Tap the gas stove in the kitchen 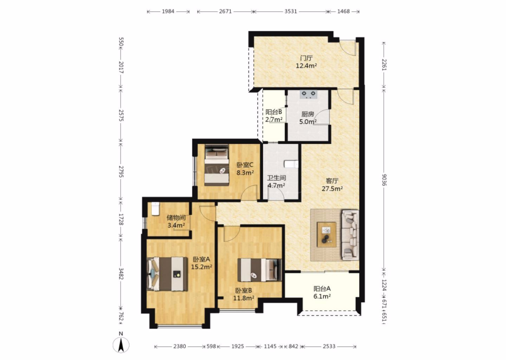pyautogui.click(x=309, y=94)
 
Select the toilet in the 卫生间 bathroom pyautogui.click(x=291, y=164)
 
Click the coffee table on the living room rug pyautogui.click(x=326, y=234)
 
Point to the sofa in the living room pyautogui.click(x=350, y=235)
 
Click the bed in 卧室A pyautogui.click(x=167, y=274)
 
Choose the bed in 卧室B pyautogui.click(x=260, y=270)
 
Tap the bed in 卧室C pyautogui.click(x=216, y=165)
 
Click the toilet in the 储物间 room pyautogui.click(x=155, y=208)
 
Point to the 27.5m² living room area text pyautogui.click(x=332, y=189)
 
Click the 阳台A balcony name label pyautogui.click(x=322, y=289)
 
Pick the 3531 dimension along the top pyautogui.click(x=291, y=11)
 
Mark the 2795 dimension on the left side pyautogui.click(x=121, y=172)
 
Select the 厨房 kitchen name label pyautogui.click(x=308, y=114)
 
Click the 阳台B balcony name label pyautogui.click(x=274, y=112)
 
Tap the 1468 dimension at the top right pyautogui.click(x=343, y=11)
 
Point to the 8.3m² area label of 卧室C pyautogui.click(x=245, y=173)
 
